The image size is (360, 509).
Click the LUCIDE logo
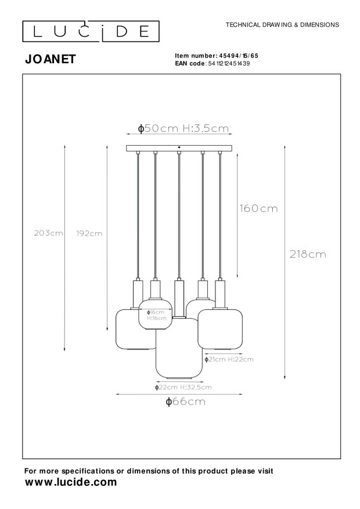90,31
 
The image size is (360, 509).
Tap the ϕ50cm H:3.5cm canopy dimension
182,129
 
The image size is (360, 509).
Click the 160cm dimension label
258,208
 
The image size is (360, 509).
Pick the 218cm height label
308,254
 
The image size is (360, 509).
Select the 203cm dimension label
49,233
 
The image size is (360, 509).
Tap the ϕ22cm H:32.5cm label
183,387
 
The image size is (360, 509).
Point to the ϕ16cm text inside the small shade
155,312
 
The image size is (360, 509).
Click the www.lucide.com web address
71,482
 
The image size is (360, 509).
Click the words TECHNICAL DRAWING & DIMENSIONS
282,25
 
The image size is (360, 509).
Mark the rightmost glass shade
222,330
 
